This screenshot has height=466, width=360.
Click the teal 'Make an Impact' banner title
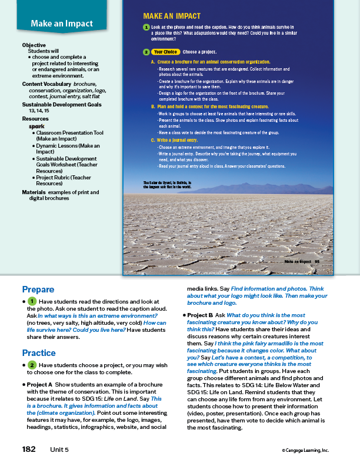[62, 24]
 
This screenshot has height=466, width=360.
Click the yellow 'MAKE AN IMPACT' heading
[172, 16]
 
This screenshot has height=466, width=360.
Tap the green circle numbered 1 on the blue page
[145, 28]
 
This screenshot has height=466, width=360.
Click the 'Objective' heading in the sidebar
[34, 45]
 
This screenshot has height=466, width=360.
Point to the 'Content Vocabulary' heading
[47, 84]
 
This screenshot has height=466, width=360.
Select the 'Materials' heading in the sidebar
[34, 192]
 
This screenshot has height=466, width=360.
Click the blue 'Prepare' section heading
[38, 289]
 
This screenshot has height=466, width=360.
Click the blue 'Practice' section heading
[39, 353]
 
